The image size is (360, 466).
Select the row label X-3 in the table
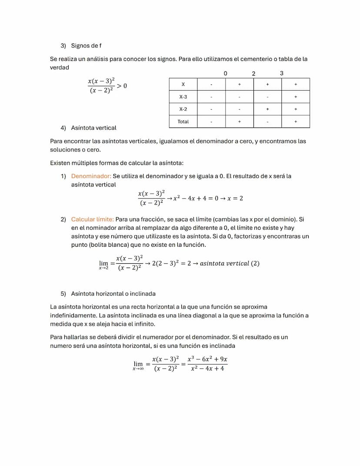tap(183, 97)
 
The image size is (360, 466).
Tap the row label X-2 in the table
tap(183, 109)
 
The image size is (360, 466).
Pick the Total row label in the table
tap(183, 121)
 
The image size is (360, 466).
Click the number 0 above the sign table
tap(225, 73)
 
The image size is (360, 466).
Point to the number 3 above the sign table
tap(281, 73)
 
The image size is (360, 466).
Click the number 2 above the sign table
tap(253, 73)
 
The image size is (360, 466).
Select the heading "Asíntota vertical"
tap(93, 128)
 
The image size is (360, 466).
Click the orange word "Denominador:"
tap(91, 176)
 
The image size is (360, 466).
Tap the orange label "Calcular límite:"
tap(92, 220)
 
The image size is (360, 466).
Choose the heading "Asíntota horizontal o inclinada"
tap(113, 294)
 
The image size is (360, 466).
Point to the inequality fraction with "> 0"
tap(107, 85)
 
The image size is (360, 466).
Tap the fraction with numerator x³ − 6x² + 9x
tap(207, 364)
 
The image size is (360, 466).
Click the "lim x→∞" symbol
tap(138, 365)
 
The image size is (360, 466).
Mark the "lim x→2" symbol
tap(103, 265)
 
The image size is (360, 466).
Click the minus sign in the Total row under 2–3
tap(267, 121)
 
